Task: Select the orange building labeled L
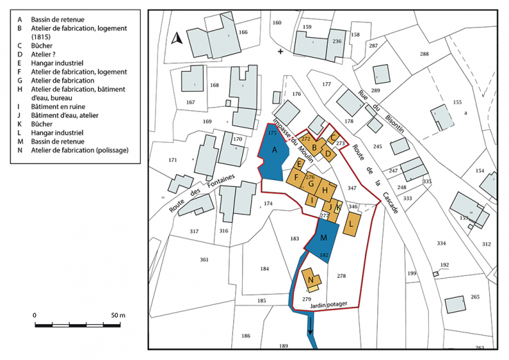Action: [352, 224]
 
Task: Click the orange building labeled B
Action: [315, 146]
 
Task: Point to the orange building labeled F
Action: [297, 178]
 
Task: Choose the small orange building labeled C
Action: [333, 137]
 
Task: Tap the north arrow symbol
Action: [177, 39]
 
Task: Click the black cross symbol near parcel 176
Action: [280, 52]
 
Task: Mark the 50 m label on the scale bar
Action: [117, 315]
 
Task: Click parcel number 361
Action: [204, 259]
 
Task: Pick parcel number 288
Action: [424, 54]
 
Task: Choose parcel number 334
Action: [441, 243]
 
